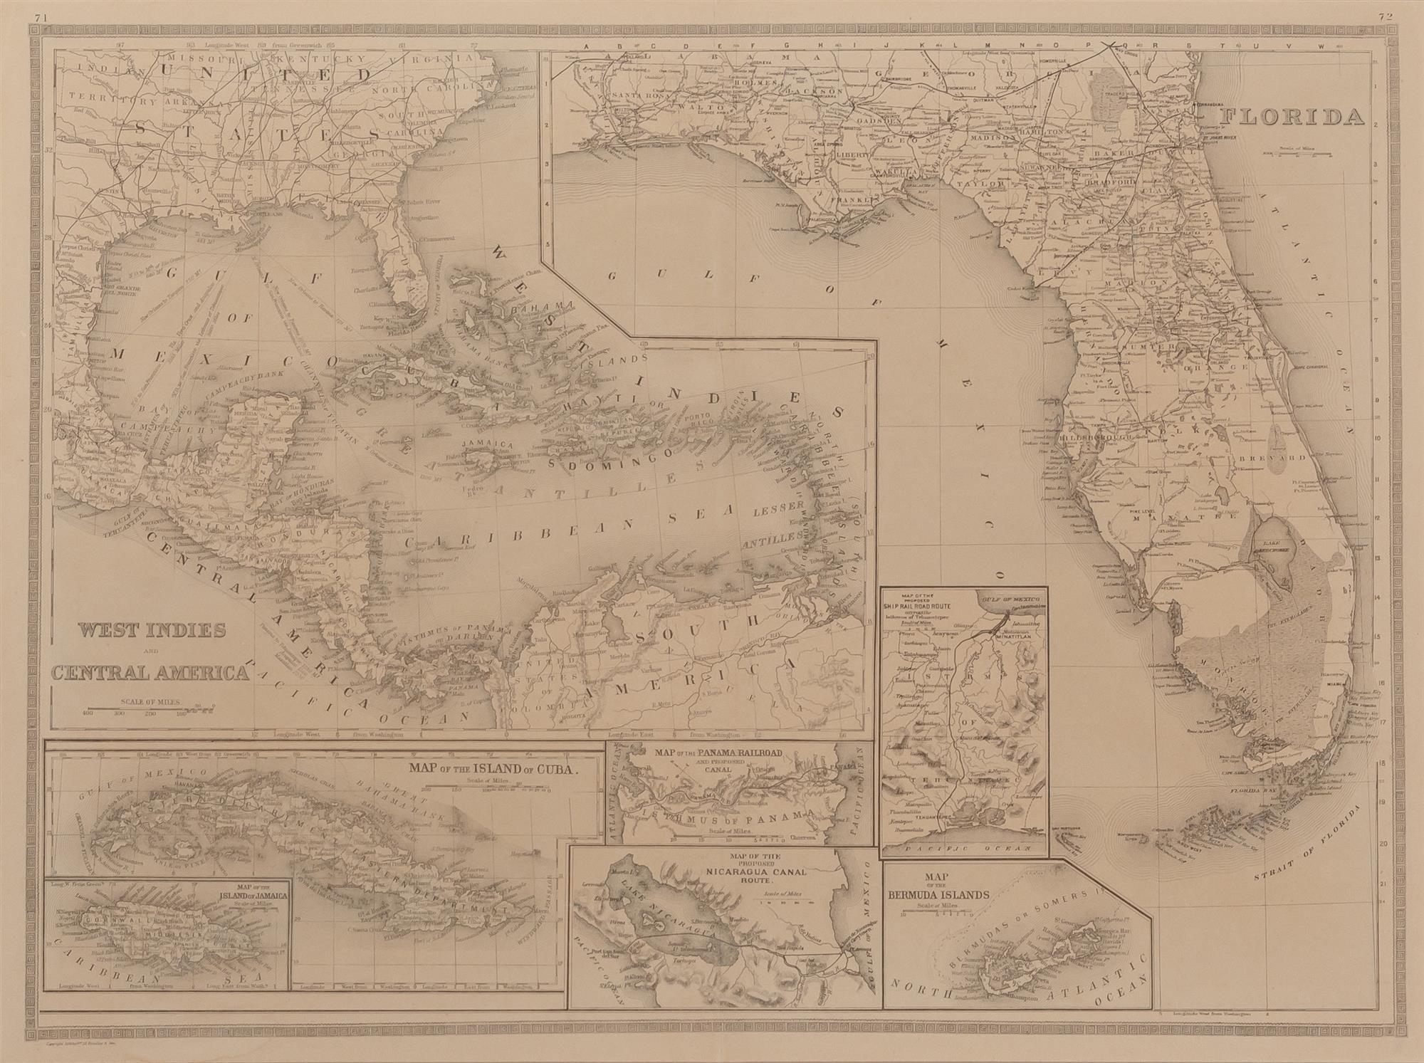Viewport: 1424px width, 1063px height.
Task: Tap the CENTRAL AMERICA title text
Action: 150,671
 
